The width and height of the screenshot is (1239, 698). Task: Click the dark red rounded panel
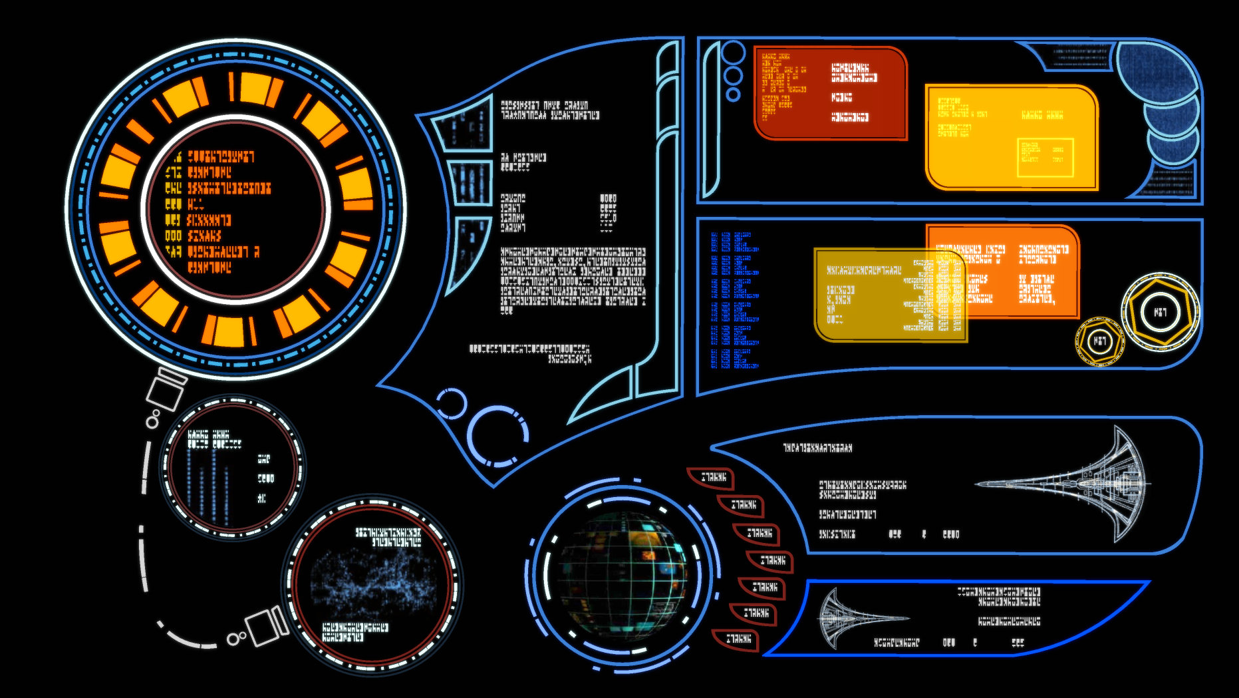click(831, 93)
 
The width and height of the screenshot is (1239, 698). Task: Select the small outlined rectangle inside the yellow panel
click(1045, 158)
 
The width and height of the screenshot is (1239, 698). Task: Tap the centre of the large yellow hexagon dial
click(1160, 311)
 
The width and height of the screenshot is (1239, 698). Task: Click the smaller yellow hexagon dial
click(1100, 341)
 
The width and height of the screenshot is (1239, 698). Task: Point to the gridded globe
click(622, 573)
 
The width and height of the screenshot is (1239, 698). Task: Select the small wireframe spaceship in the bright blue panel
click(858, 618)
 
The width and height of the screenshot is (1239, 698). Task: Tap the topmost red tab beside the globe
click(712, 477)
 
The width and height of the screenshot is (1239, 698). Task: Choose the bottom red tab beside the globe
click(737, 639)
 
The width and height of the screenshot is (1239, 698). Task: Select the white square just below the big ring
click(165, 391)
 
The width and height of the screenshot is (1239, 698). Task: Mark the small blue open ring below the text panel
click(452, 403)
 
